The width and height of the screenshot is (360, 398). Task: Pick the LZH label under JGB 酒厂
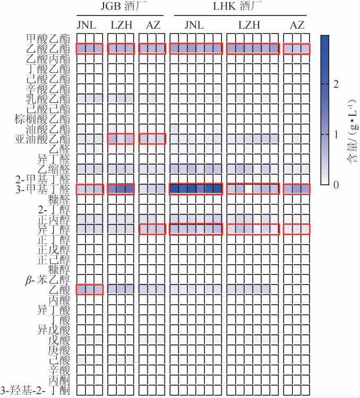[x=121, y=24]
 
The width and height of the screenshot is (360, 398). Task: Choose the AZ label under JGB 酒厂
[x=152, y=24]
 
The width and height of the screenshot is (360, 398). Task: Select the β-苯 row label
[x=37, y=280]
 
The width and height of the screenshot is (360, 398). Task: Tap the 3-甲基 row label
[x=36, y=189]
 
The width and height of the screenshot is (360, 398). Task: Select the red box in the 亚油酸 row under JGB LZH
[x=121, y=139]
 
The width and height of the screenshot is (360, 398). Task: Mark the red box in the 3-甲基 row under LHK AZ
[x=296, y=189]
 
